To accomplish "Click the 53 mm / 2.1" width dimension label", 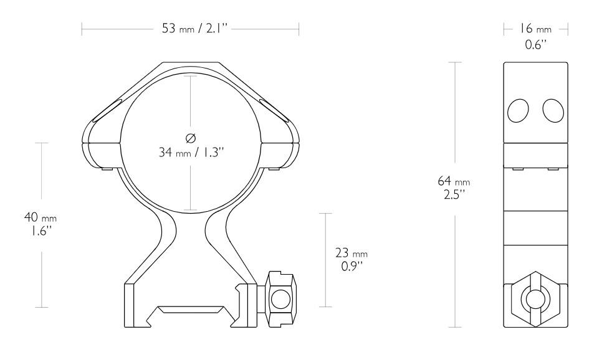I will (190, 28).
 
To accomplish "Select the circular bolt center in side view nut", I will (535, 300).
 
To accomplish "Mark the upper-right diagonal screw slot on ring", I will (274, 108).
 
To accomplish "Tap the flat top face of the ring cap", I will (190, 64).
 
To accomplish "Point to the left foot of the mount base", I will (131, 305).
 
